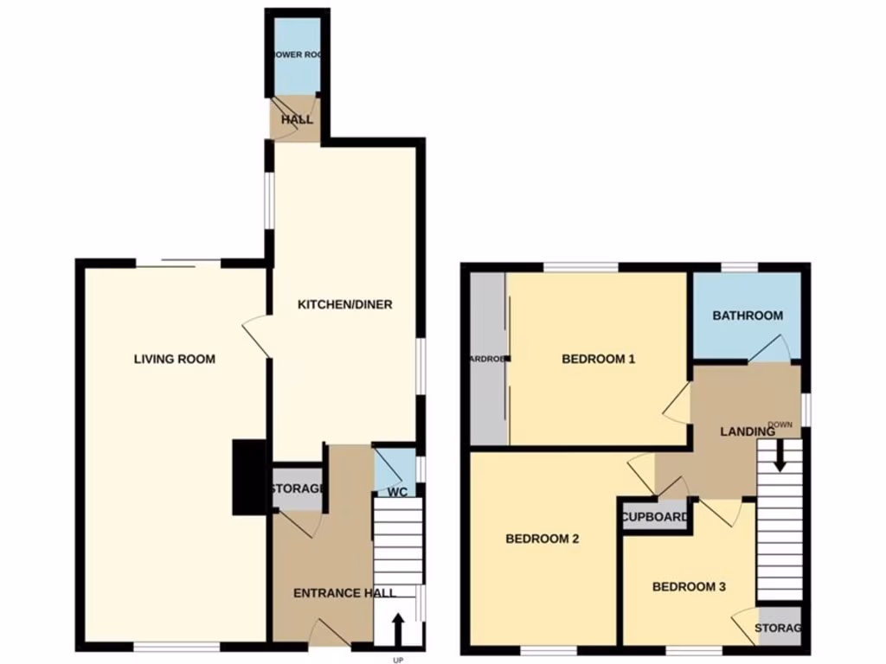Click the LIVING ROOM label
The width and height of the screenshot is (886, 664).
174,359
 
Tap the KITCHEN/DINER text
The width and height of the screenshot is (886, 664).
344,304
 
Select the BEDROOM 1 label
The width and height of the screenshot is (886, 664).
599,359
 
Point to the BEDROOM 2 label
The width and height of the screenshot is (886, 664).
542,539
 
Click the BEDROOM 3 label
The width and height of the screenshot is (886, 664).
689,587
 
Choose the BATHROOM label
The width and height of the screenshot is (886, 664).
748,316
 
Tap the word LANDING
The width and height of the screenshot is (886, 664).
748,431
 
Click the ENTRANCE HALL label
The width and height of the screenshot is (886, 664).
344,593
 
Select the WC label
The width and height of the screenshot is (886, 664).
398,493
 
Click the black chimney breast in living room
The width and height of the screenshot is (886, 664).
249,477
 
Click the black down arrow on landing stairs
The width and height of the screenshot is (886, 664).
780,456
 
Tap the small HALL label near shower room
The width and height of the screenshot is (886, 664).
297,119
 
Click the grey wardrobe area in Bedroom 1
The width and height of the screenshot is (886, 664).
487,359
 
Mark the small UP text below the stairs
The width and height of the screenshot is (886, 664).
398,660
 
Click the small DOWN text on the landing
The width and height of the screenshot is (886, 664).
780,425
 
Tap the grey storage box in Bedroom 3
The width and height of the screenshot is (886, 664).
779,628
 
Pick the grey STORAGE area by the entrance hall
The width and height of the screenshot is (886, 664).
299,489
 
